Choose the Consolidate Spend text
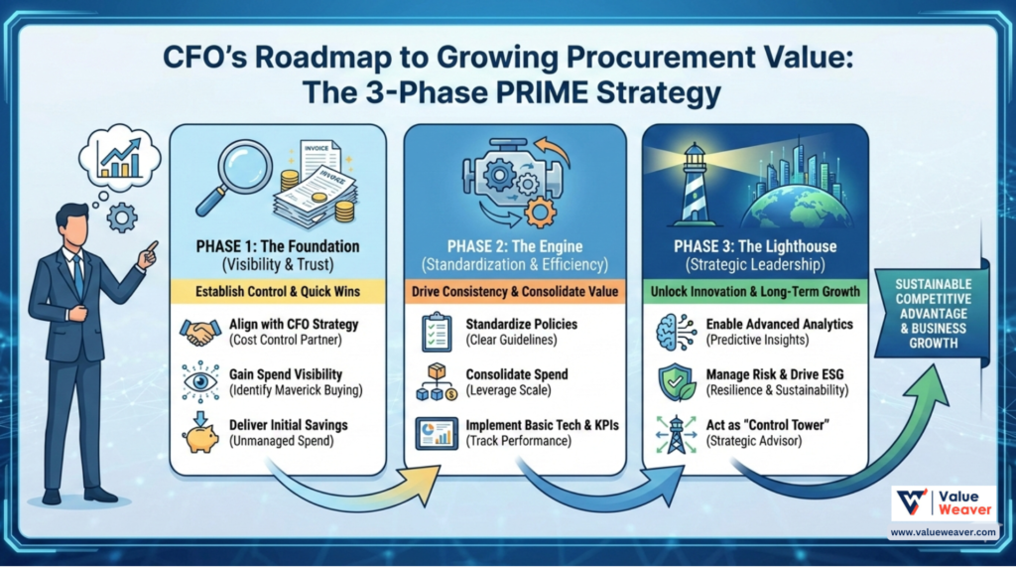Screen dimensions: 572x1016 point(517,374)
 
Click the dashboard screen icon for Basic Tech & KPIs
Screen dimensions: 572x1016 point(435,433)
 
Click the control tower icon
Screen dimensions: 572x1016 point(676,434)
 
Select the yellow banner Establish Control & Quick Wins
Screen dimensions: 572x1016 point(278,292)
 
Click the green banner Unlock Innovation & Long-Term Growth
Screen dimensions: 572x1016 point(755,292)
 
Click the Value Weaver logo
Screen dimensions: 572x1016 point(943,504)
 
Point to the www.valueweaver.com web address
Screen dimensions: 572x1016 point(942,532)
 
